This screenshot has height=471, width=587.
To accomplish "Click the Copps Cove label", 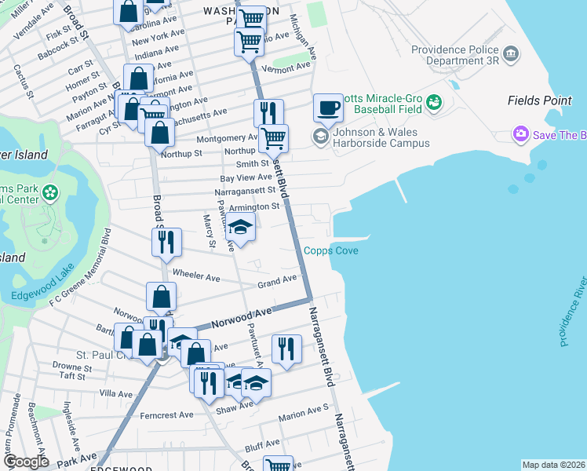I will coord(331,251).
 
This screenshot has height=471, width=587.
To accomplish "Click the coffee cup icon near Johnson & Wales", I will coord(328,108).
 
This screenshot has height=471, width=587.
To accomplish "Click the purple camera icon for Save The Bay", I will coord(520,135).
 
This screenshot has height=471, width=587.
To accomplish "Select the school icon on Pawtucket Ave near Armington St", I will coord(240,228).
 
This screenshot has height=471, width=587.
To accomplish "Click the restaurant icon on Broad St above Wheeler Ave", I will coord(166,243).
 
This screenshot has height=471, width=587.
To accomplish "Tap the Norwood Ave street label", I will coord(246,315).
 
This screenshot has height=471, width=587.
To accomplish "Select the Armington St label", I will coord(254,206).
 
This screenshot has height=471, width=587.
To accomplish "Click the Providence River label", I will coord(573,312).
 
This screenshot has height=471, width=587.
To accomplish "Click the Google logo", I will coord(25,462).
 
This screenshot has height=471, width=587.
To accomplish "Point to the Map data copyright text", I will coord(553,465).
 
